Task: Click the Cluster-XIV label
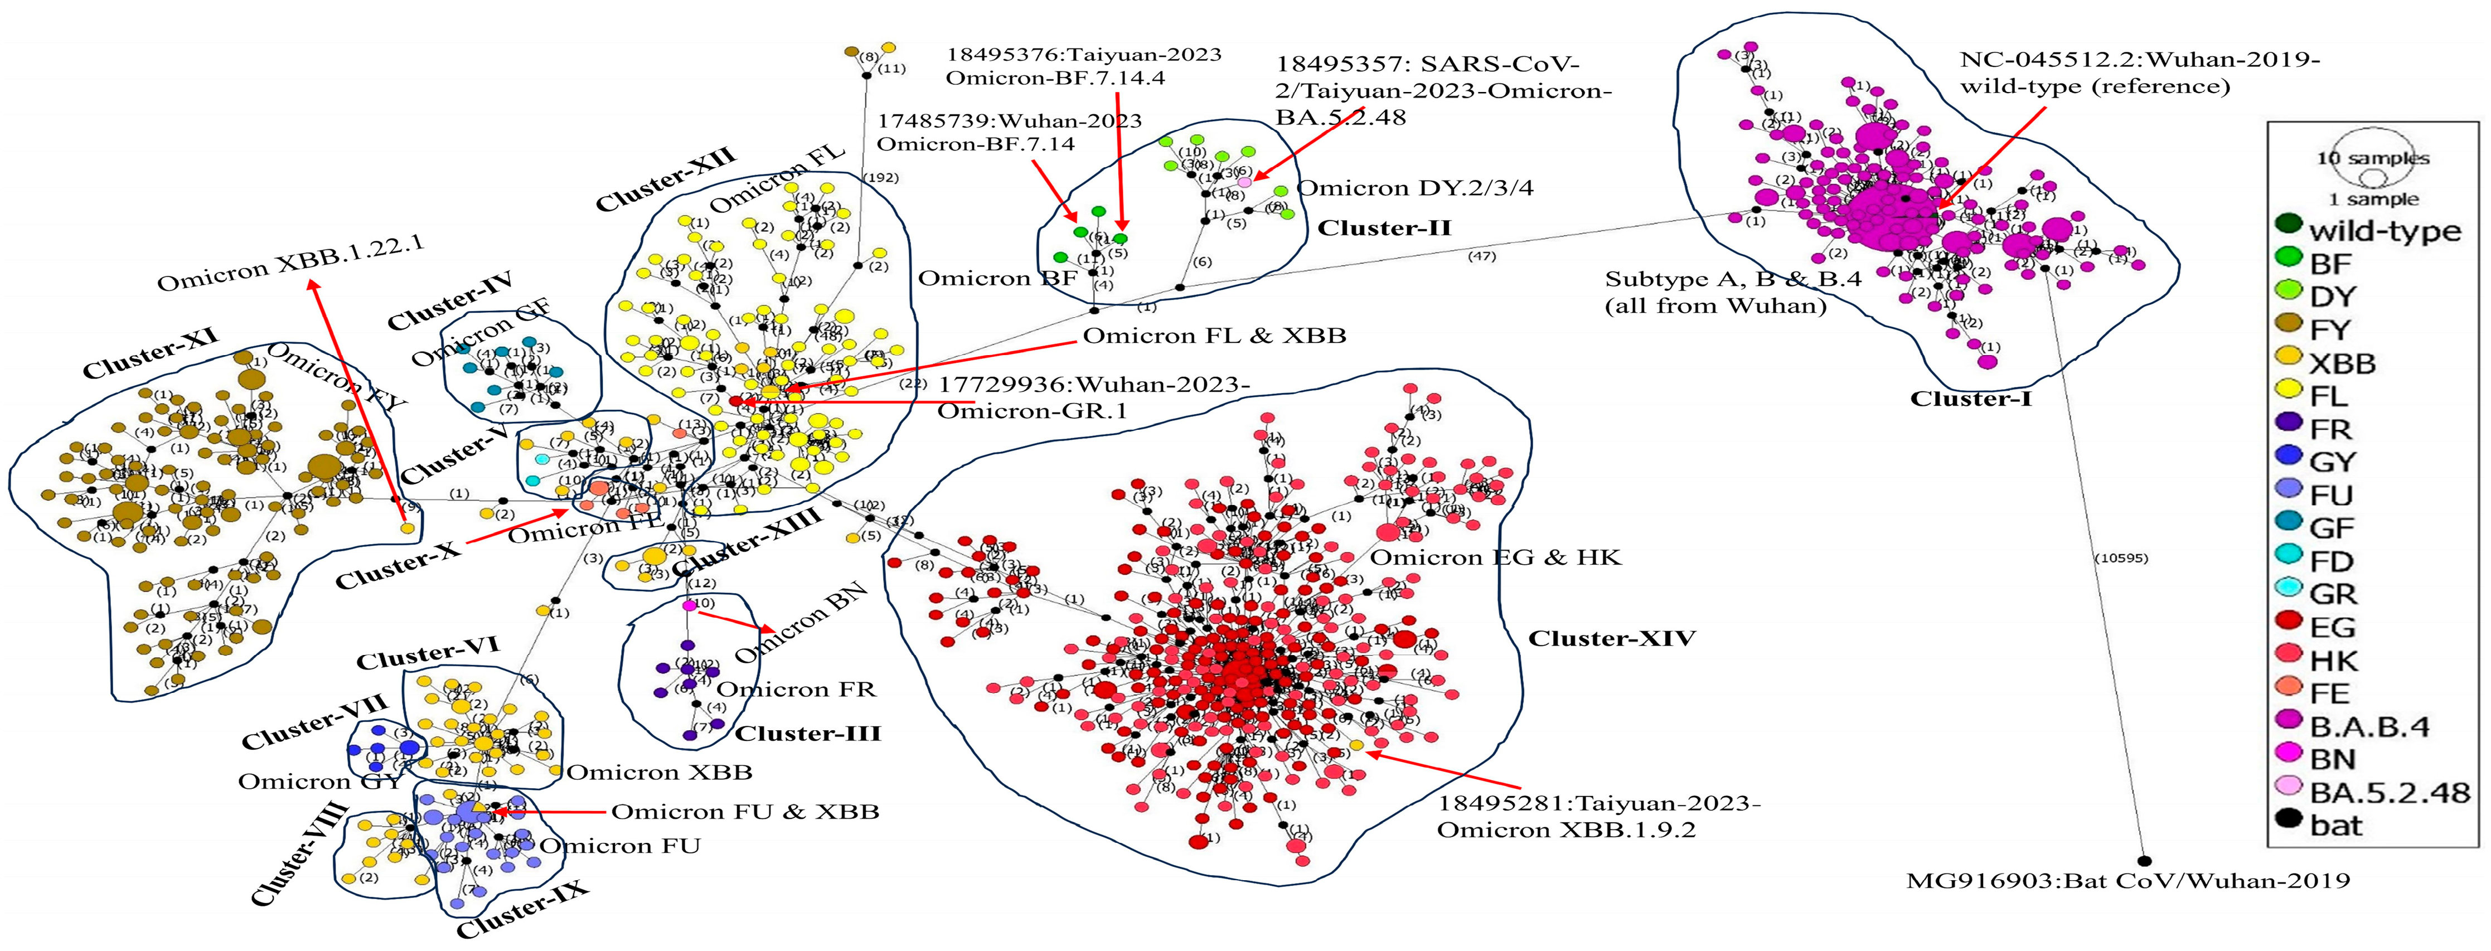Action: click(x=1611, y=639)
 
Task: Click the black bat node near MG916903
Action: click(x=2144, y=860)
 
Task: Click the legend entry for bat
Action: click(x=2335, y=826)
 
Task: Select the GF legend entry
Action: click(x=2330, y=528)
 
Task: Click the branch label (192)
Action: click(x=881, y=178)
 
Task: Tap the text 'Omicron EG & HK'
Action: click(x=1495, y=557)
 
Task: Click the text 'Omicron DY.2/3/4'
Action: click(x=1415, y=187)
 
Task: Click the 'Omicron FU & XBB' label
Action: click(x=745, y=812)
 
